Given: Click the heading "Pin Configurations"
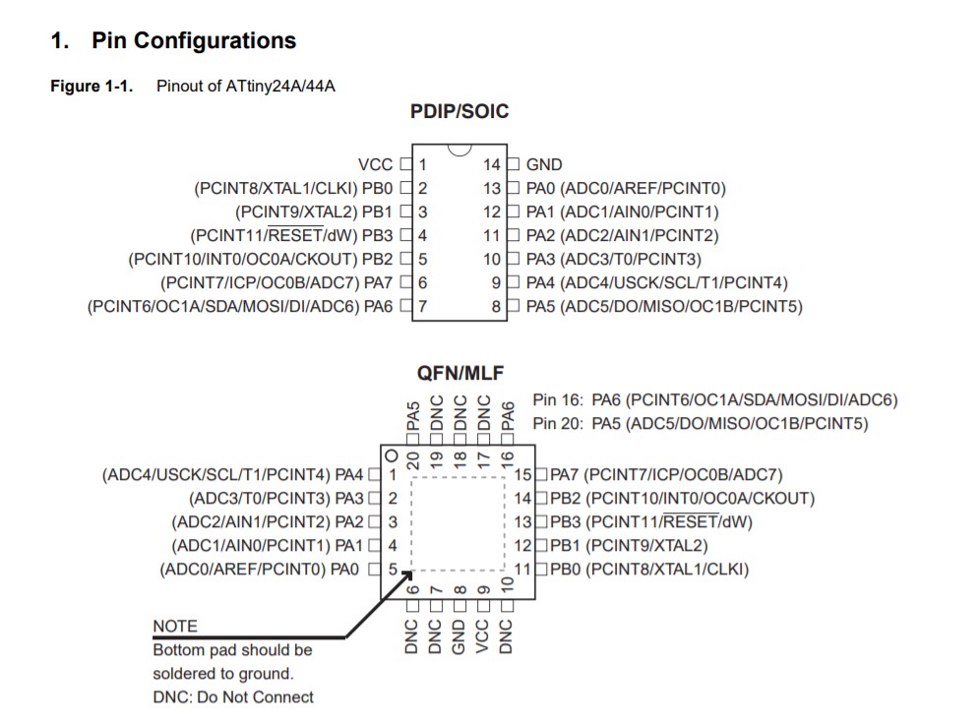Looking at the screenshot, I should pos(193,41).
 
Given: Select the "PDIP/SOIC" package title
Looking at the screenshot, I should pos(459,112).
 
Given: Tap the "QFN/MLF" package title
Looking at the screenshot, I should pos(459,374).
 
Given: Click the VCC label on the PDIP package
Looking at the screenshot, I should pos(375,165).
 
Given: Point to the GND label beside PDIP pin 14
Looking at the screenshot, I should pos(544,165).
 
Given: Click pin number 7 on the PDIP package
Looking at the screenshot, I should pos(423,307).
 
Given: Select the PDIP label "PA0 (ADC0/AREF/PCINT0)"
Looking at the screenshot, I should pos(626,189).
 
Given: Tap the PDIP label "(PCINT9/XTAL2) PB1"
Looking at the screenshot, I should pos(314,212).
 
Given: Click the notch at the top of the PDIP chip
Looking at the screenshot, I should pos(459,151).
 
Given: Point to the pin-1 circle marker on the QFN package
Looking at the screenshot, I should pos(392,455).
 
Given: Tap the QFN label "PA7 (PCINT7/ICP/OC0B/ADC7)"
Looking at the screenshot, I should pos(666,475).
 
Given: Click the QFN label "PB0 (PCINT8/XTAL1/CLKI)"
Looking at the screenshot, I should pos(649,570).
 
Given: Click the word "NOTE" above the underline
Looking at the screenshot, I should pos(175,627).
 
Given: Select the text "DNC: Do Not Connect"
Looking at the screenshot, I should pos(233,697).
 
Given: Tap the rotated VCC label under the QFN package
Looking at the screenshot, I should pos(483,635).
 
